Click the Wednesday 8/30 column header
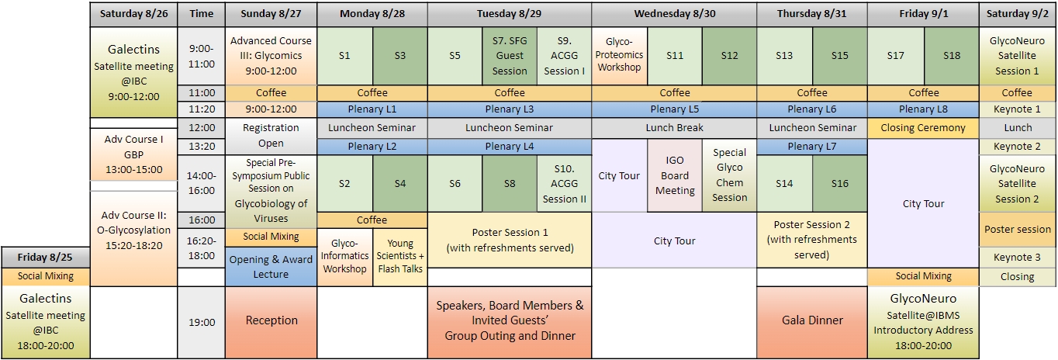click(x=674, y=14)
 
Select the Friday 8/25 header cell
click(x=45, y=258)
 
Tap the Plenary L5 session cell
click(x=674, y=109)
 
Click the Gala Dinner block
click(x=812, y=320)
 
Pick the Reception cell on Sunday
click(x=271, y=320)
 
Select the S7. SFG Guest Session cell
click(x=510, y=56)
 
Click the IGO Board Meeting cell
click(x=675, y=176)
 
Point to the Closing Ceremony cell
click(x=923, y=128)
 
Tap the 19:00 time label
click(x=202, y=322)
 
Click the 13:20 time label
click(x=202, y=147)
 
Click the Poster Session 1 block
click(x=510, y=240)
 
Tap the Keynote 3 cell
click(x=1017, y=258)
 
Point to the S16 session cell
click(x=840, y=183)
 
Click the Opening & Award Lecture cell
click(x=271, y=266)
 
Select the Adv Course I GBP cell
click(x=134, y=154)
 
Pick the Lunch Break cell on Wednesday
click(x=674, y=128)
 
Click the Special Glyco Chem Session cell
click(x=729, y=175)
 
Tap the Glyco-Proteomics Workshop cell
click(x=619, y=55)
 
